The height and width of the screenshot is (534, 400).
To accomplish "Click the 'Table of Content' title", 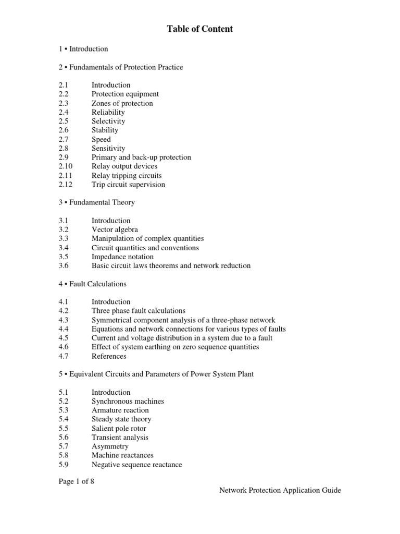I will click(200, 29).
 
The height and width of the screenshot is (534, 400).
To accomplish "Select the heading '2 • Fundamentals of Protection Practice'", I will click(121, 67).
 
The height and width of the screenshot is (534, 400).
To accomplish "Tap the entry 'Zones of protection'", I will click(122, 103).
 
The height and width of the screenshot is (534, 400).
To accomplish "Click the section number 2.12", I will click(66, 184).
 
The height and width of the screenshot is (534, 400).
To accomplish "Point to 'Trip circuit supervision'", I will click(128, 184).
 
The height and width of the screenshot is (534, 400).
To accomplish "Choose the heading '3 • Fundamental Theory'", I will click(97, 202).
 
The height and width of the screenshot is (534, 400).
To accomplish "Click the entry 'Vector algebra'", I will click(115, 229).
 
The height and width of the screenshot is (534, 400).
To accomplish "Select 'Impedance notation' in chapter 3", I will click(122, 257).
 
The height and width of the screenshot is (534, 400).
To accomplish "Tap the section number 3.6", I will click(64, 265).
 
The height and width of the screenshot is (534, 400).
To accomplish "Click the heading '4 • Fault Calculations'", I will click(93, 284).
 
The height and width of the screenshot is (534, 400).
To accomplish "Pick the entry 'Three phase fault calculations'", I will click(139, 311).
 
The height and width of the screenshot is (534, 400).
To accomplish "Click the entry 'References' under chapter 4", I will click(109, 356).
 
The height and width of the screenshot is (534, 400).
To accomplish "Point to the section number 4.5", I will click(64, 338).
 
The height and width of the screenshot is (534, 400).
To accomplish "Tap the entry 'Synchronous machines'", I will click(128, 402).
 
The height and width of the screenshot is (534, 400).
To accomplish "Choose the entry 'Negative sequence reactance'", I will click(137, 464).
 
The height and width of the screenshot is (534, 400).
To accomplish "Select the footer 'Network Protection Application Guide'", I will click(280, 490).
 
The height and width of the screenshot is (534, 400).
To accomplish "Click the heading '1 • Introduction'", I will click(83, 49).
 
